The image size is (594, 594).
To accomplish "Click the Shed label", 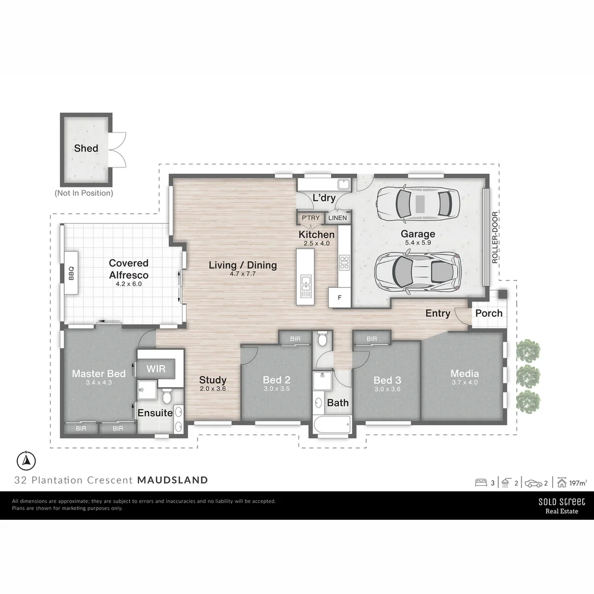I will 86,148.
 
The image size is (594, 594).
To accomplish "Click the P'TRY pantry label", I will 310,218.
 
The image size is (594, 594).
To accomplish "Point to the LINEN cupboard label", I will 337,218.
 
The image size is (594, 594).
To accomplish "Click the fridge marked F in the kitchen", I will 339,298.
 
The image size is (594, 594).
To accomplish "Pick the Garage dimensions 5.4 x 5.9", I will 418,243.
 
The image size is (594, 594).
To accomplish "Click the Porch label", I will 488,313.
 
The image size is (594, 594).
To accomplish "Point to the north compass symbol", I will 26,460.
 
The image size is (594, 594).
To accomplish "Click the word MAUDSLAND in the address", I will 173,480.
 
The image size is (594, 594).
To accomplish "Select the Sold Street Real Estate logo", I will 561,505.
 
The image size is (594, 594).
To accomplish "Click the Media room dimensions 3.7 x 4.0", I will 464,382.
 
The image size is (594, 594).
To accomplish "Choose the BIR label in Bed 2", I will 295,339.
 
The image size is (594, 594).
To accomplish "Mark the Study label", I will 212,380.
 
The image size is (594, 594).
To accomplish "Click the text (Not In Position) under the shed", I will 84,193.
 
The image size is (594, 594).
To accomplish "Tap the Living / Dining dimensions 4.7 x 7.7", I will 243,274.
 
